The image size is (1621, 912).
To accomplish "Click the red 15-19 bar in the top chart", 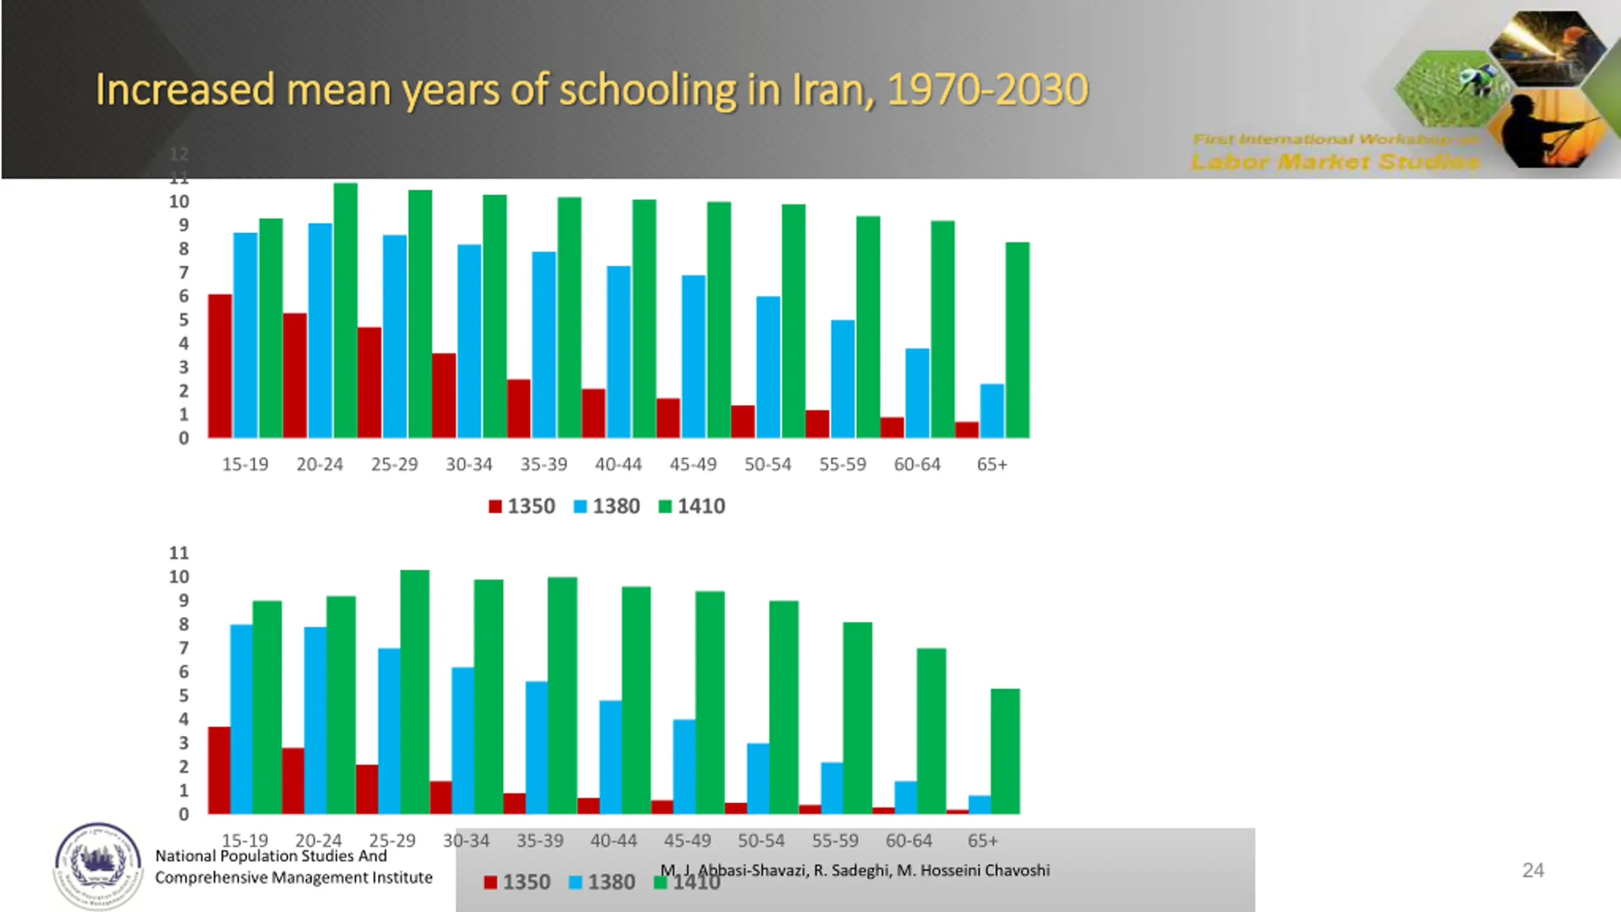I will [x=220, y=366].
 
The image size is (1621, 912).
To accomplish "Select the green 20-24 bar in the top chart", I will [x=345, y=310].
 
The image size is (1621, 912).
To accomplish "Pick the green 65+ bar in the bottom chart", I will [x=1005, y=751].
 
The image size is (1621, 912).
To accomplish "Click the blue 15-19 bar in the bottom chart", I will [x=241, y=719].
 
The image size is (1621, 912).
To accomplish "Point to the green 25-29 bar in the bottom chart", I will [x=415, y=692].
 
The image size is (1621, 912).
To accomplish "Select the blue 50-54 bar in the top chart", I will [x=768, y=367].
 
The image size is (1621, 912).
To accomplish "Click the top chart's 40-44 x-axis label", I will [x=618, y=465].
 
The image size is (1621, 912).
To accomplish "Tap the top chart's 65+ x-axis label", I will [x=992, y=465].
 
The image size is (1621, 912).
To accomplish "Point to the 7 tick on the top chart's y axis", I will [x=184, y=273].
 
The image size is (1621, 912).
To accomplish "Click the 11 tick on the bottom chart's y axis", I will [x=179, y=554].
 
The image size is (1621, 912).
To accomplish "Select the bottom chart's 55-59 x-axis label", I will [x=835, y=841].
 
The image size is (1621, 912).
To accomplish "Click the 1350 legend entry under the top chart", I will [x=522, y=507].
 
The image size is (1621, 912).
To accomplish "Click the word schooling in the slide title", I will [x=648, y=90].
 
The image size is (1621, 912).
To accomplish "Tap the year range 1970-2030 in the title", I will [x=987, y=90].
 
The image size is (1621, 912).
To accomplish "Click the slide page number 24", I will [x=1533, y=871].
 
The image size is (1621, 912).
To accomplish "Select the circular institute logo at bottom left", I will [x=98, y=866].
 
